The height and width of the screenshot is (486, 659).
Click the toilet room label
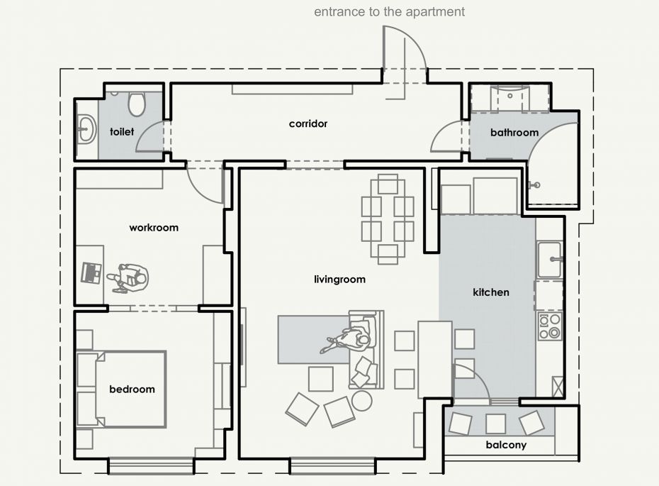point(122,132)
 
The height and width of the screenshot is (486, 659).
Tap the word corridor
point(308,123)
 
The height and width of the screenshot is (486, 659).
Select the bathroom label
point(514,133)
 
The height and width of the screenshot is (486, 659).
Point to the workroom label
point(154,228)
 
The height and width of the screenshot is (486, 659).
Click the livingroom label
point(339,280)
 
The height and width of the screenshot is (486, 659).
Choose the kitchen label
point(491,292)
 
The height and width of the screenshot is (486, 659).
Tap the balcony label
point(506,445)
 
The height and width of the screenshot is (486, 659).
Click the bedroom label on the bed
point(132,390)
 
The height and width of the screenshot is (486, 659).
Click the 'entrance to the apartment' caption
point(389,12)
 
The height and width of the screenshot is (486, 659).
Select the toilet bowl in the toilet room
point(136,104)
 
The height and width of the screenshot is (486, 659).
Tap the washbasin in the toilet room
point(86,128)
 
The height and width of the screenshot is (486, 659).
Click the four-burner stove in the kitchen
point(550,326)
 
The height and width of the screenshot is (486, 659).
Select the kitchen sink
point(550,260)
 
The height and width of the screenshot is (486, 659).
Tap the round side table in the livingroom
point(361,401)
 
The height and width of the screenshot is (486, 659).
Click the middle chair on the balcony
point(495,424)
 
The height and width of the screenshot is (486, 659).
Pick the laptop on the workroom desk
point(91,272)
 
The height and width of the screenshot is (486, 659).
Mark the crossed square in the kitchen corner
point(557,386)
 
